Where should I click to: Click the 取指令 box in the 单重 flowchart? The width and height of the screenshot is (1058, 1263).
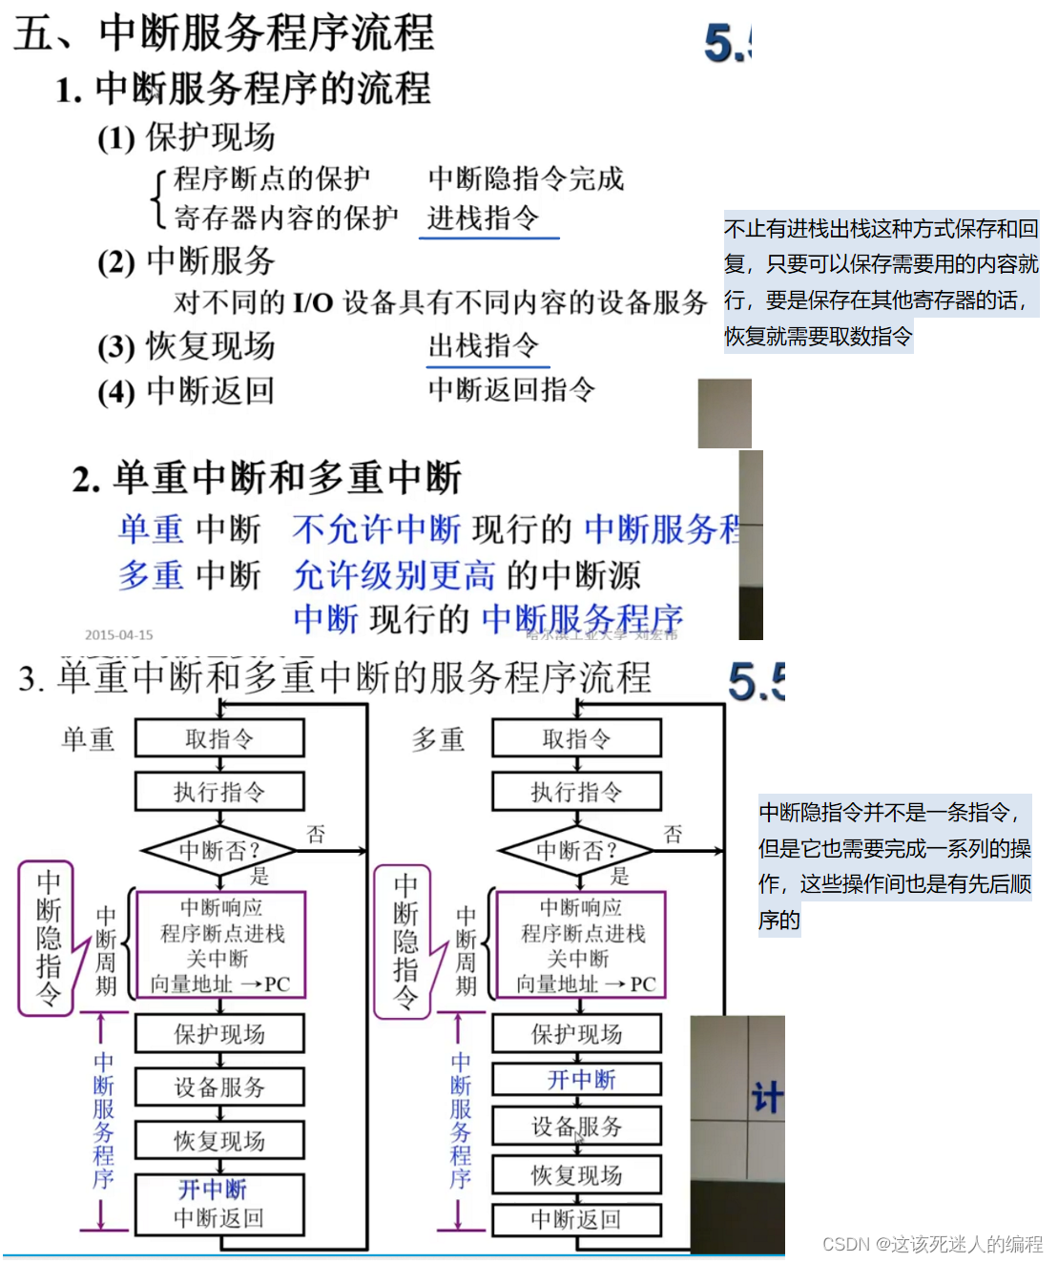point(219,738)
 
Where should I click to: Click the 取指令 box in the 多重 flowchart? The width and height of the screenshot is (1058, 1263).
point(576,738)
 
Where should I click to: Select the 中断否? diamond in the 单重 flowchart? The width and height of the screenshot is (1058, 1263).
point(219,849)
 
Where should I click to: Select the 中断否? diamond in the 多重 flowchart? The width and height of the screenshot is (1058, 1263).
point(576,849)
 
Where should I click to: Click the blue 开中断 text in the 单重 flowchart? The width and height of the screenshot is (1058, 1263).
point(213,1190)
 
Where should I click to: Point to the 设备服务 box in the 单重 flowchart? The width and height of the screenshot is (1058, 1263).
point(219,1087)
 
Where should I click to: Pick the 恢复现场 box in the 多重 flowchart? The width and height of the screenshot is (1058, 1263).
point(576,1175)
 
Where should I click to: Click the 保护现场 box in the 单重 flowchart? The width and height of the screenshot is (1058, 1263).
point(219,1034)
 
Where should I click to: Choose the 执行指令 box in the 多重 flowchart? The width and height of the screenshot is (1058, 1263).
point(576,792)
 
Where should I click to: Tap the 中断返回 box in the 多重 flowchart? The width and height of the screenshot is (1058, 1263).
point(576,1219)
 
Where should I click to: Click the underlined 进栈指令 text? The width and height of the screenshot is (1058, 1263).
point(484,218)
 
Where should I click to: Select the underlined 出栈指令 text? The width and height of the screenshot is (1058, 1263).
point(484,345)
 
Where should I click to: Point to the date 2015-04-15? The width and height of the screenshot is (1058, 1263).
point(118,634)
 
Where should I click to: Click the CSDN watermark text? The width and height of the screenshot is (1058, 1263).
point(932,1244)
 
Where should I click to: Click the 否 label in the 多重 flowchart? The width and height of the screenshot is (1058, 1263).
point(673,835)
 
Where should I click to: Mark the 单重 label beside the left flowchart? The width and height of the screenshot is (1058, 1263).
point(88,738)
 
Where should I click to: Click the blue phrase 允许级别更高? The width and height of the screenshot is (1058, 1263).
point(394,574)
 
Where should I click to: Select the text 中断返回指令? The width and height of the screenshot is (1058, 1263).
point(511,389)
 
